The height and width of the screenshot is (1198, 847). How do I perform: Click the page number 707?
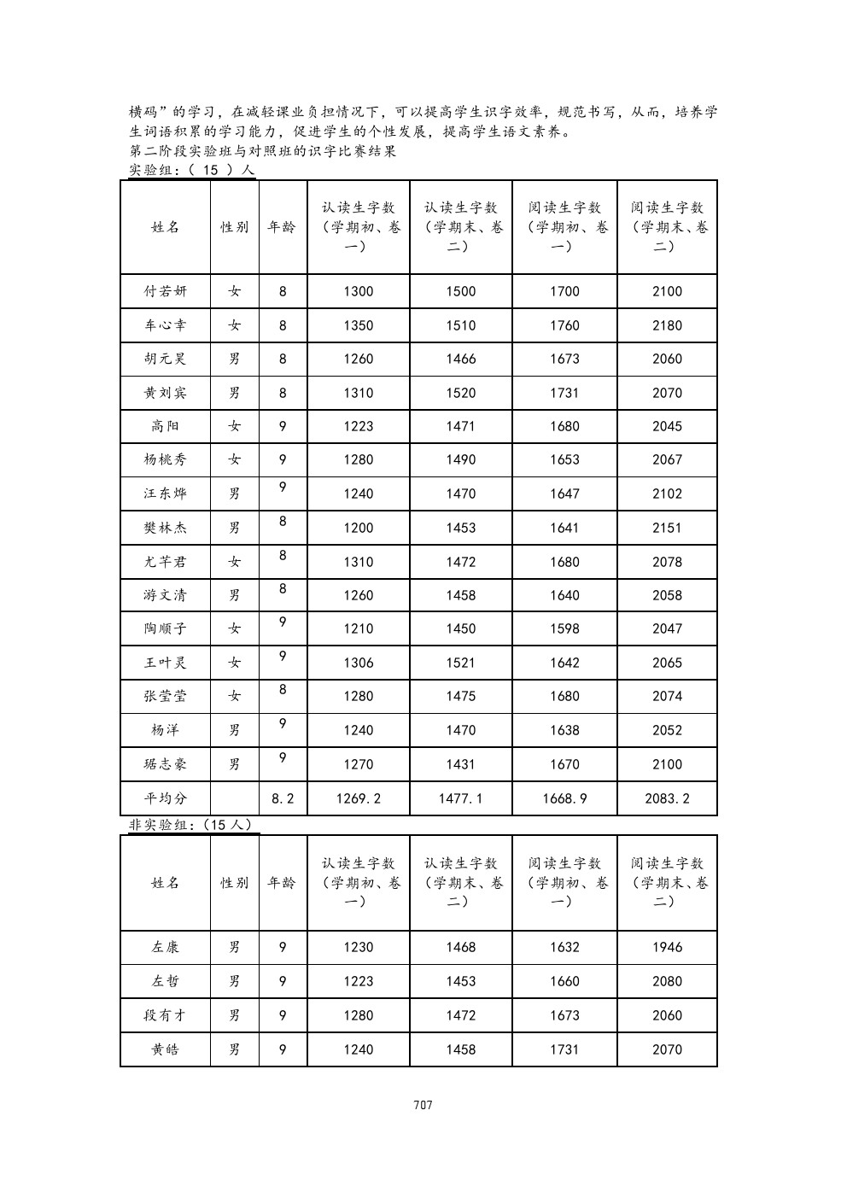click(x=423, y=1105)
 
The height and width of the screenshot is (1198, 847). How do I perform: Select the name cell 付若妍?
click(x=165, y=291)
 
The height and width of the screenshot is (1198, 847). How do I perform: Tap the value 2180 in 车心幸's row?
click(x=667, y=325)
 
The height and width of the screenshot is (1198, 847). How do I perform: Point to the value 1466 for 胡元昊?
click(x=460, y=359)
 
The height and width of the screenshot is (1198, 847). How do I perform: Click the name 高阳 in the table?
click(x=165, y=426)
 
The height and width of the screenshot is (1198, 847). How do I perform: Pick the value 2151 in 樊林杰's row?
click(x=667, y=528)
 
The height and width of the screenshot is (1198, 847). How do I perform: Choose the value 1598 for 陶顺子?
click(x=564, y=628)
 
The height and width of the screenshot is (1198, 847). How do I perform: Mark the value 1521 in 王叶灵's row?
click(x=460, y=663)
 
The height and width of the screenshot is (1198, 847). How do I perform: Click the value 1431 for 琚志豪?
click(x=460, y=764)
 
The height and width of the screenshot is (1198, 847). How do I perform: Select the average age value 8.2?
click(x=283, y=798)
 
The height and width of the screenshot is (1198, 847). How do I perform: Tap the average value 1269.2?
click(x=359, y=798)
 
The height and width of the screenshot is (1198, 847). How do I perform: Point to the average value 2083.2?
click(x=667, y=798)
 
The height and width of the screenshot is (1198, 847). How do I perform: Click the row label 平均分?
click(x=165, y=798)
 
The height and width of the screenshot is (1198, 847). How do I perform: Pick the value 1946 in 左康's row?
click(x=667, y=947)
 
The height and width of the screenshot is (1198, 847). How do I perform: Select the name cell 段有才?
click(x=165, y=1015)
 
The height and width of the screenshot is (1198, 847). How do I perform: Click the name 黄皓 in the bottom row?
click(x=165, y=1049)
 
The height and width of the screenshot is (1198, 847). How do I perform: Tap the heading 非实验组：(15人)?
click(x=189, y=825)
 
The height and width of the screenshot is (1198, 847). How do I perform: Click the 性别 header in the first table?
click(x=235, y=227)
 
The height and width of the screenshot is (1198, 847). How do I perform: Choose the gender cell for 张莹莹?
click(x=235, y=696)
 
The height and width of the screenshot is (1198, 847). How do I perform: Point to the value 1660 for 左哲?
click(x=564, y=981)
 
